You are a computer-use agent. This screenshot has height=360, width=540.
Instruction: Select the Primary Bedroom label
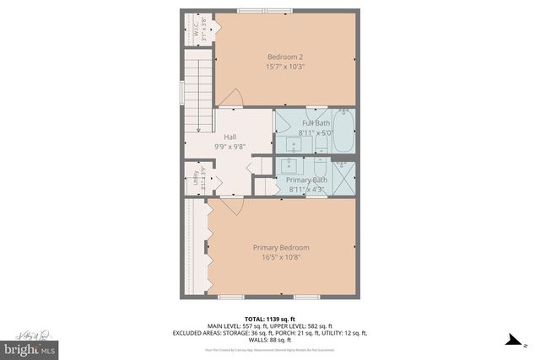(x=281, y=247)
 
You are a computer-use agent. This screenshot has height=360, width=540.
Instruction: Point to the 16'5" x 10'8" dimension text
(x=281, y=257)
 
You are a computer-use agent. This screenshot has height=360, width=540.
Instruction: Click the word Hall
(x=229, y=137)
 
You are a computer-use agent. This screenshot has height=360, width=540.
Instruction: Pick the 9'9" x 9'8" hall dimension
(x=229, y=146)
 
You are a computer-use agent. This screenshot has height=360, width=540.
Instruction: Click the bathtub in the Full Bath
(x=344, y=132)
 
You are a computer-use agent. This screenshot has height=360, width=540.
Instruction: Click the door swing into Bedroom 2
(x=235, y=99)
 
